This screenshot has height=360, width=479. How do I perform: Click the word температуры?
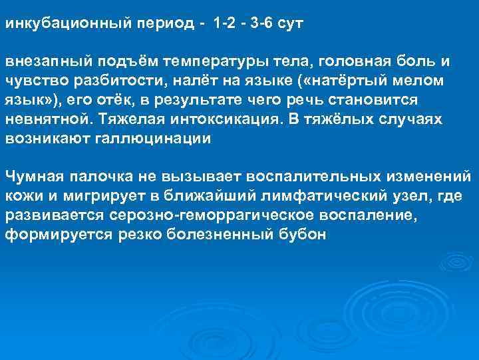point(209,62)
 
